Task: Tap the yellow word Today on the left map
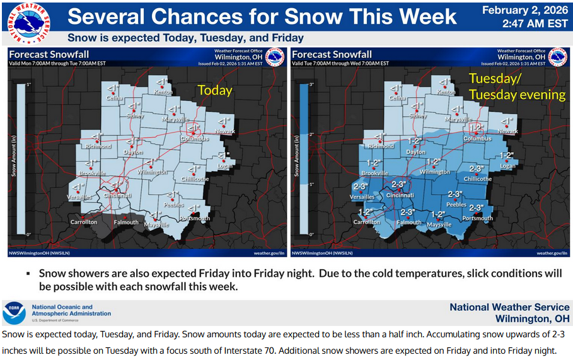pyautogui.click(x=215, y=90)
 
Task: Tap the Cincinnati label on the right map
pyautogui.click(x=400, y=195)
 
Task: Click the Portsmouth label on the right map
pyautogui.click(x=477, y=219)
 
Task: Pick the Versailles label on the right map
pyautogui.click(x=362, y=197)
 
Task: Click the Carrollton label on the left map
pyautogui.click(x=84, y=222)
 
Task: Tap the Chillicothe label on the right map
pyautogui.click(x=477, y=179)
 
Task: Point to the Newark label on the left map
pyautogui.click(x=226, y=131)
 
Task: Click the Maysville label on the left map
pyautogui.click(x=157, y=224)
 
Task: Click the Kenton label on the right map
pyautogui.click(x=446, y=92)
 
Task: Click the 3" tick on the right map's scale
pyautogui.click(x=310, y=84)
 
